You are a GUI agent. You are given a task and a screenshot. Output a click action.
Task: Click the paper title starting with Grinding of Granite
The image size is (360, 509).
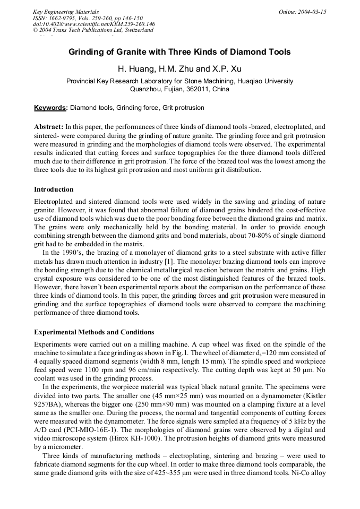179,52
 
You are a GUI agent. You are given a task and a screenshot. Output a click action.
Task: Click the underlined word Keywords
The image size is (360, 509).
50,108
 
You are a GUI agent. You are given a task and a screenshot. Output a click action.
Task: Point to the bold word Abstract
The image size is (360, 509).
49,127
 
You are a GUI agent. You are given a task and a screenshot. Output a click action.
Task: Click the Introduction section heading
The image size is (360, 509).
54,189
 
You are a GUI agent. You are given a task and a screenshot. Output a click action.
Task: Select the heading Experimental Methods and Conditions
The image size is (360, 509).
94,332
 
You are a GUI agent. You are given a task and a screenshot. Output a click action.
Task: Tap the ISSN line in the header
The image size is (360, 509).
88,18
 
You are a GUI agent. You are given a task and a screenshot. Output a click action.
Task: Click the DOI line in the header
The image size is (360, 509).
94,24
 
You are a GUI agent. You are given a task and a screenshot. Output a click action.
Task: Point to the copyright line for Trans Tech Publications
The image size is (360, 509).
93,30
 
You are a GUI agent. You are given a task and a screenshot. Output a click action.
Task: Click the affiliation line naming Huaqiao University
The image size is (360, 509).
179,81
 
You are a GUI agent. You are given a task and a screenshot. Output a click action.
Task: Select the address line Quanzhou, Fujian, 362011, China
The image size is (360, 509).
179,89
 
